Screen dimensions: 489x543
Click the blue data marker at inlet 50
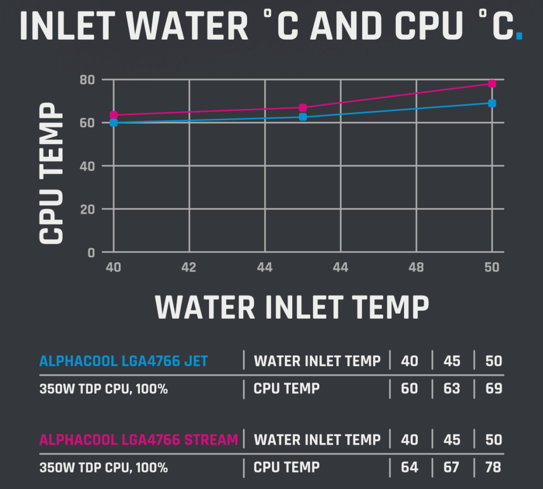[x=492, y=103]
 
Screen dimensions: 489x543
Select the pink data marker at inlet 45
[x=303, y=108]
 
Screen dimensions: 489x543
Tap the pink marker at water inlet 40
[x=113, y=115]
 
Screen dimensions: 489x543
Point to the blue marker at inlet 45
[x=303, y=117]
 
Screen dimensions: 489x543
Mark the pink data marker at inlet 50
[x=492, y=84]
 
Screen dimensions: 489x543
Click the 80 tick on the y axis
[x=87, y=80]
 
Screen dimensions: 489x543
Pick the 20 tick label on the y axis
[x=87, y=209]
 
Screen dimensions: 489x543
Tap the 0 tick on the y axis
[x=91, y=253]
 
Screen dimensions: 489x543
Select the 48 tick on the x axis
[x=416, y=267]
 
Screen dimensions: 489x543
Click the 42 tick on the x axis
[x=189, y=267]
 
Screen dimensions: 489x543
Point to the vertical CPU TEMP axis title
[x=51, y=174]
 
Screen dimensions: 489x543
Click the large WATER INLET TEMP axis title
[x=292, y=306]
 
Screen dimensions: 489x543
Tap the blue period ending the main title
[x=519, y=36]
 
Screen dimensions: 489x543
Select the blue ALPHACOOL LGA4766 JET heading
[x=124, y=361]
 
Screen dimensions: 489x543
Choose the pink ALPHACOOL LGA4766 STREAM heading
[x=139, y=440]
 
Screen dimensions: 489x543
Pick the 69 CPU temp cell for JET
[x=494, y=388]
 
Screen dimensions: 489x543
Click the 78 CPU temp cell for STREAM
[x=494, y=467]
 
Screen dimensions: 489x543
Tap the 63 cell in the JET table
[x=452, y=388]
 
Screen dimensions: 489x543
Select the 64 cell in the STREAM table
[x=409, y=467]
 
